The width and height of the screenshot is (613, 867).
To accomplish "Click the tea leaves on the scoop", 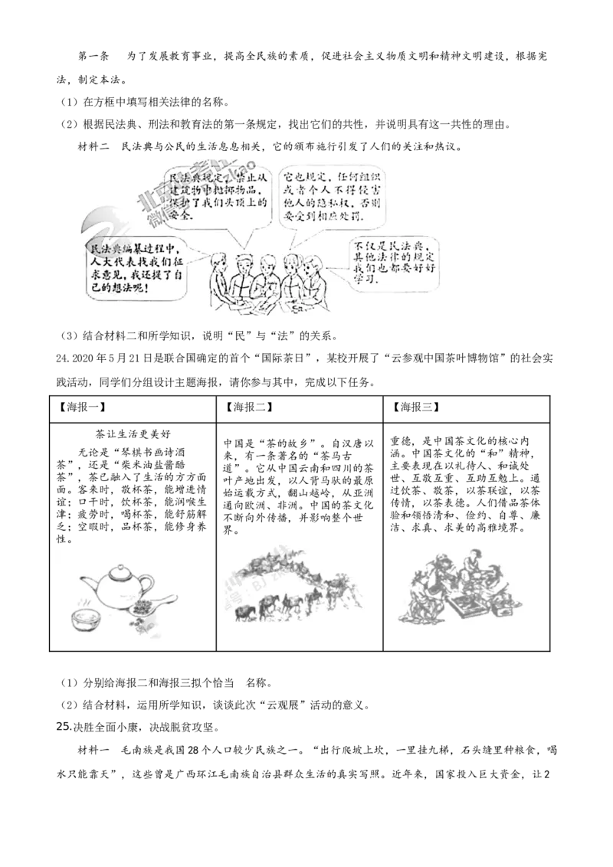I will (140, 608).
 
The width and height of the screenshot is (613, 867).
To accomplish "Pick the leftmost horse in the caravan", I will (243, 613).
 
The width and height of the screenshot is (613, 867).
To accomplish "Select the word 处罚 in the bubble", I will (355, 218).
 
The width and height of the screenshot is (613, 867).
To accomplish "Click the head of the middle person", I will (267, 261).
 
